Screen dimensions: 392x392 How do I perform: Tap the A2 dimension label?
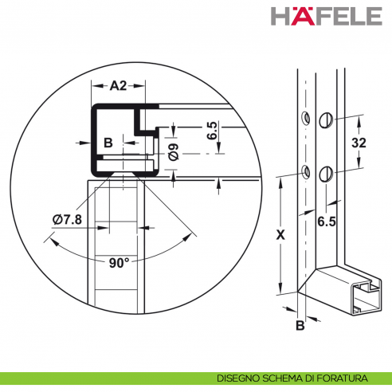coord(118,86)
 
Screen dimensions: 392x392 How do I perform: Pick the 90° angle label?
coord(120,262)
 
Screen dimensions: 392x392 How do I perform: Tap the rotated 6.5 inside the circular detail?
coord(212,131)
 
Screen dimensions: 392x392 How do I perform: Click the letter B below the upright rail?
coord(300,325)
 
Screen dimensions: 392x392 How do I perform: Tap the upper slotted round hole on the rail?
coord(325,119)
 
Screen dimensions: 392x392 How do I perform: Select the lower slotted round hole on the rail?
coord(324,174)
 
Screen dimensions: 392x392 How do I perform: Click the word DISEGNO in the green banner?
coord(237,378)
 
